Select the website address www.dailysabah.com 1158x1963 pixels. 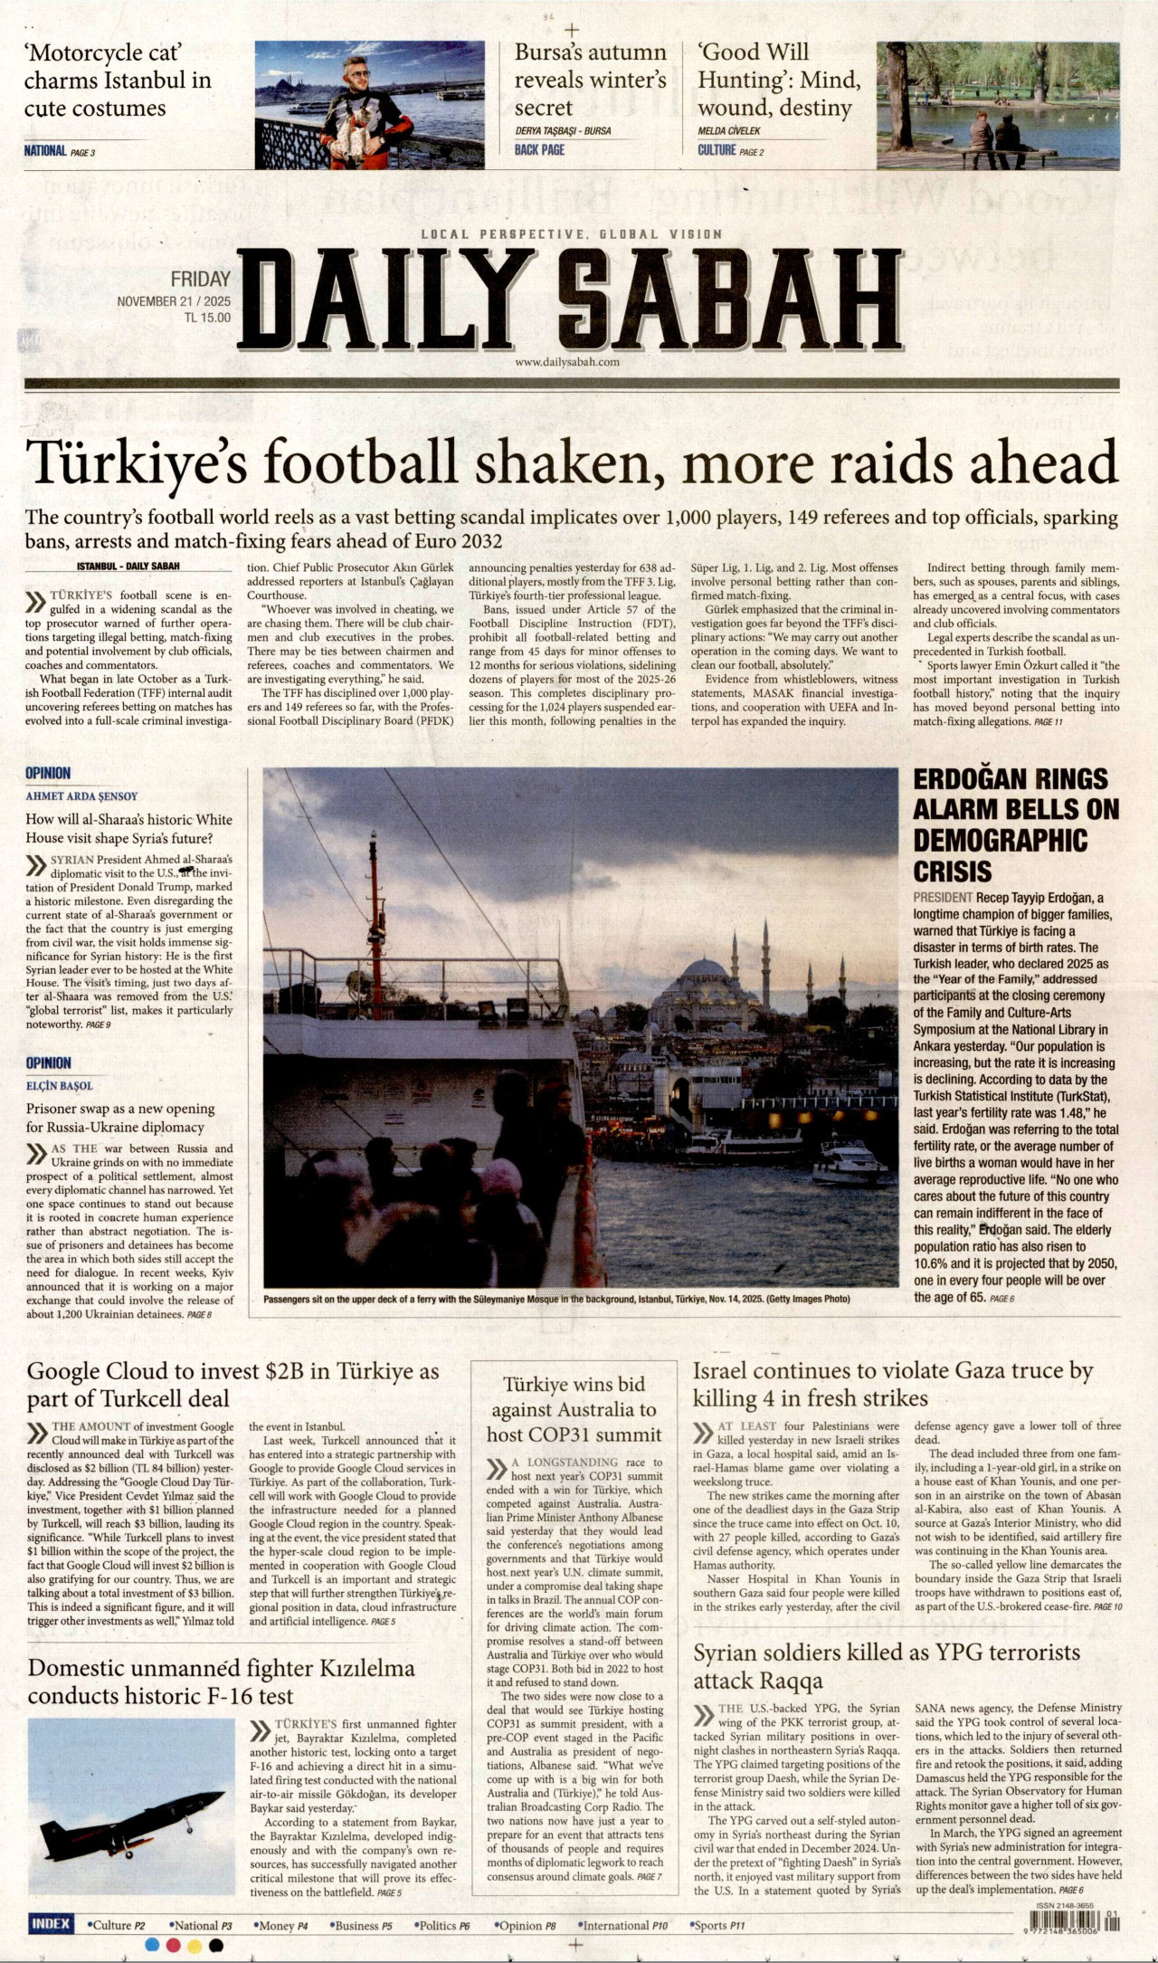[567, 362]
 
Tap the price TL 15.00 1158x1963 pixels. [207, 318]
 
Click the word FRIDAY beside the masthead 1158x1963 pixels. [201, 280]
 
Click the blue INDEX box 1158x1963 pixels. [51, 1923]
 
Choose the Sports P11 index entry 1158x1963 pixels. [717, 1925]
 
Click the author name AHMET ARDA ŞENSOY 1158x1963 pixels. [81, 796]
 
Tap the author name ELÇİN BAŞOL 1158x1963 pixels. [60, 1086]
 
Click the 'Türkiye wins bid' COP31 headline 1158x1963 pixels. [574, 1409]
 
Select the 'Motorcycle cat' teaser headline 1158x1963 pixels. [118, 81]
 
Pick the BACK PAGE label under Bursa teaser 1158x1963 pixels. [539, 150]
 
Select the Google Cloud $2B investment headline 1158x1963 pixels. [233, 1385]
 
